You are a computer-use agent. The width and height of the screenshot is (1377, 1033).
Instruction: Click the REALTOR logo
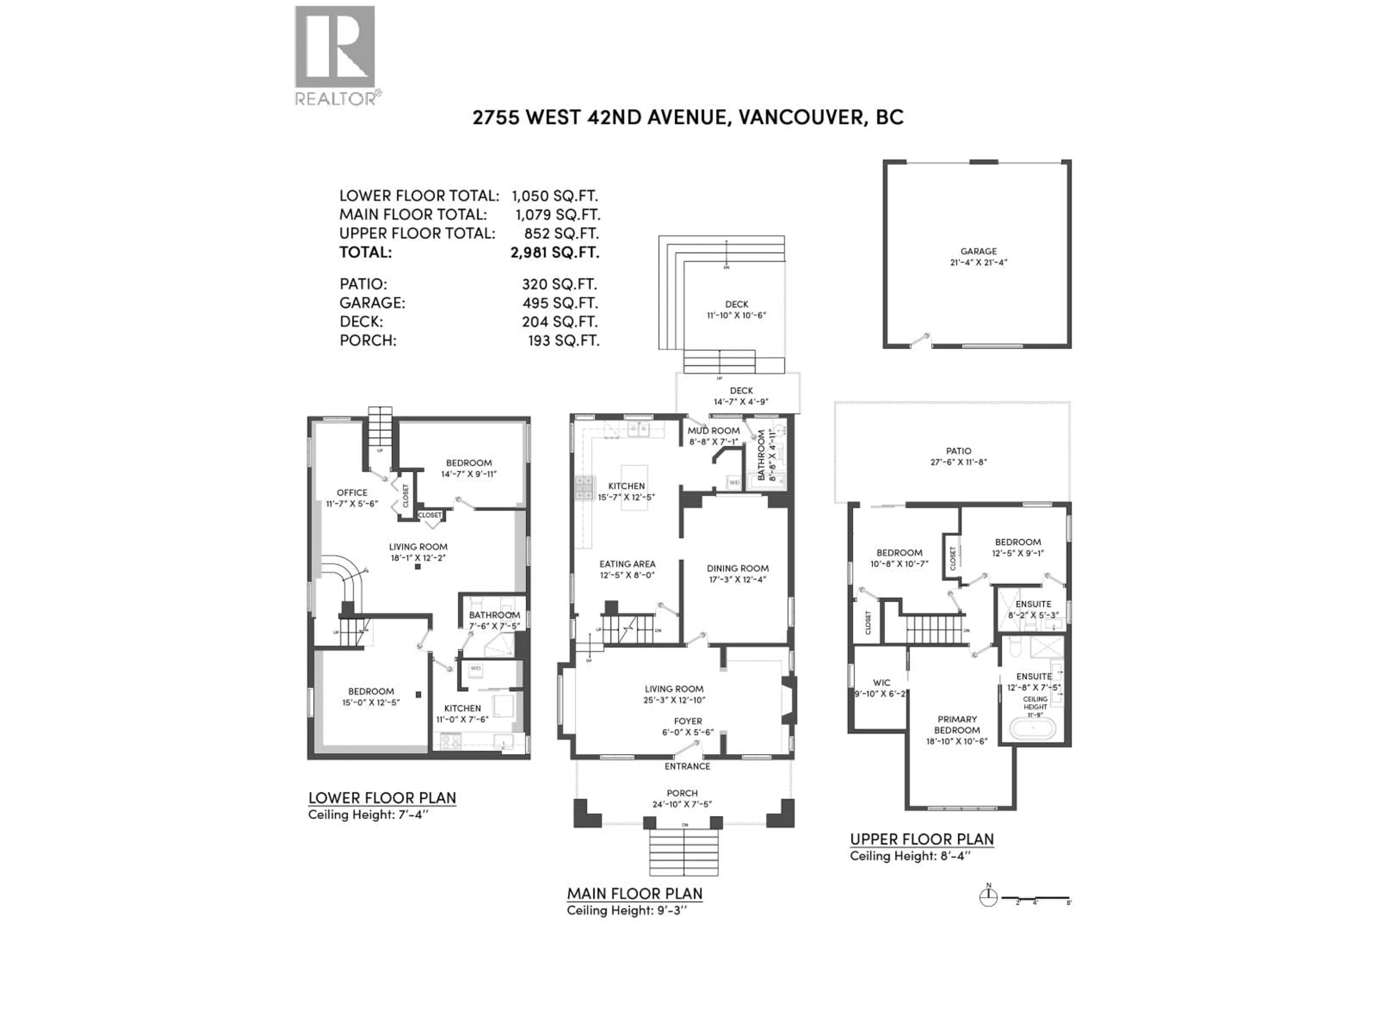pyautogui.click(x=335, y=55)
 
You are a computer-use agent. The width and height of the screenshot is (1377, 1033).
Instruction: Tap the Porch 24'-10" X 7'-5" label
pyautogui.click(x=682, y=798)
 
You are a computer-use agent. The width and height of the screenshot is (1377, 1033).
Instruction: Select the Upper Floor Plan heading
pyautogui.click(x=921, y=839)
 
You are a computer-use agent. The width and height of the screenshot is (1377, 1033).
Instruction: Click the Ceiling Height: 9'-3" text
pyautogui.click(x=626, y=910)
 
